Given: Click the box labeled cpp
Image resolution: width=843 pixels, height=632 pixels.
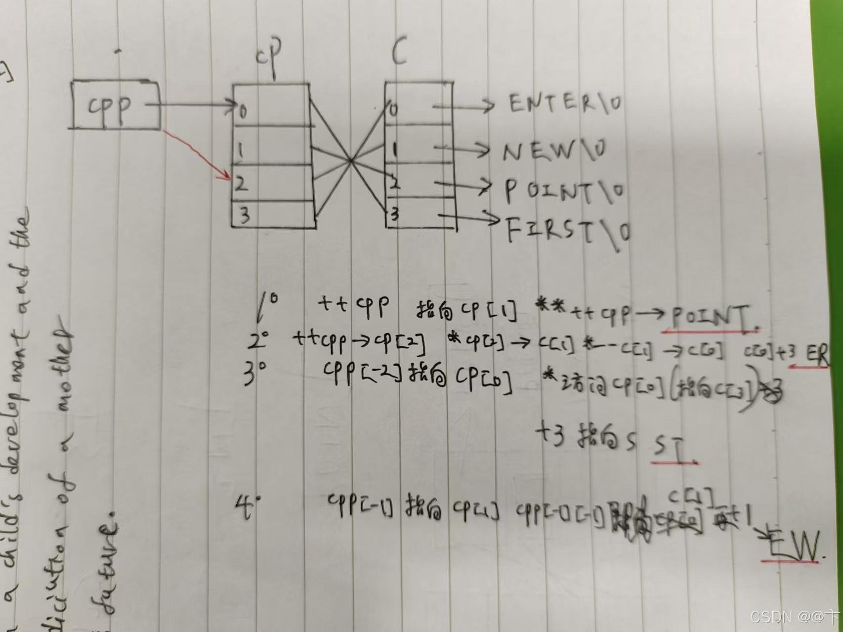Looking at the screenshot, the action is (x=116, y=106).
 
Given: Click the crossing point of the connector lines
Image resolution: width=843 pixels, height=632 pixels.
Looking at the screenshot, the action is (x=350, y=160).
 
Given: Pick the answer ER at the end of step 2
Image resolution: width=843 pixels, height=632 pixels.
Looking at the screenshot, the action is (x=817, y=354).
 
